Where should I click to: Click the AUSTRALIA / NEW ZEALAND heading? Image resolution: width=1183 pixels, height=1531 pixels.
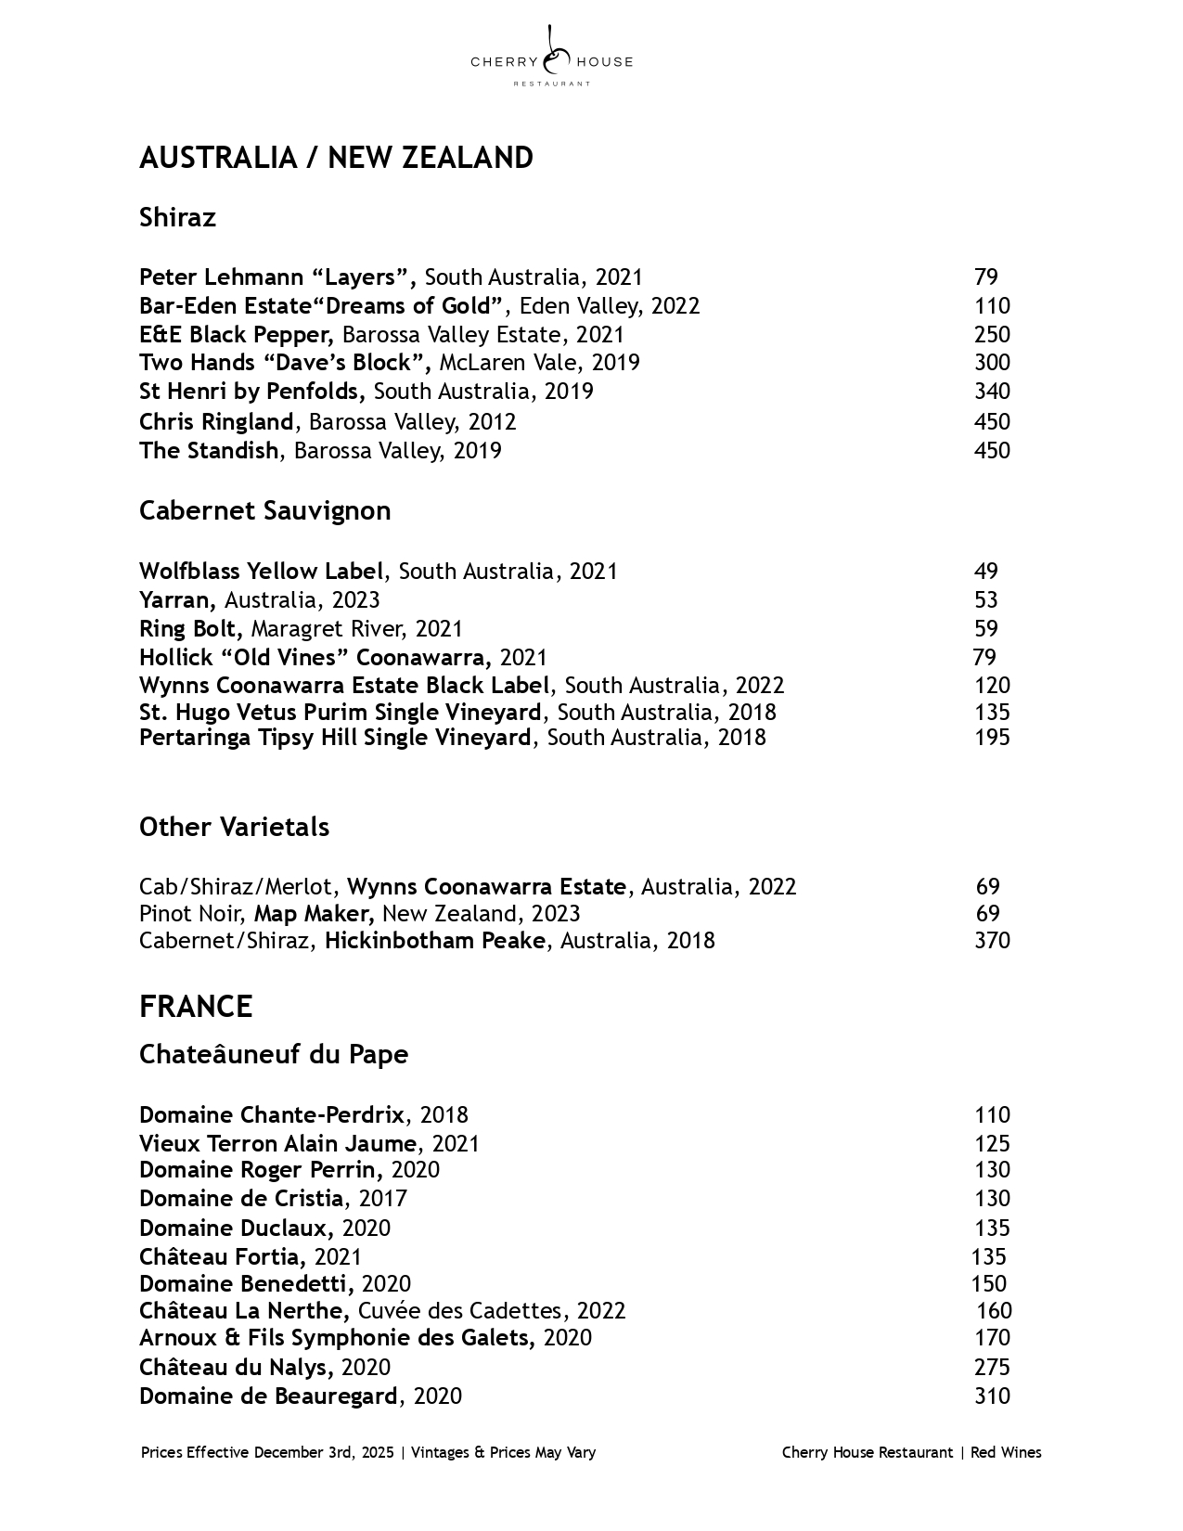336,158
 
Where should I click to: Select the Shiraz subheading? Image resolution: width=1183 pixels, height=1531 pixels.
177,217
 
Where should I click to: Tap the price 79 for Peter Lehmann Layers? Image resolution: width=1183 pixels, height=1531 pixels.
985,277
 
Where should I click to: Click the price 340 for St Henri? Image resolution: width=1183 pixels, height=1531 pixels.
991,392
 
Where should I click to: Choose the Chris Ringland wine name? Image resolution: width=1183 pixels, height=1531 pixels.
216,422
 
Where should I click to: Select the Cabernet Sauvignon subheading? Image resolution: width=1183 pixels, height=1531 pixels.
264,510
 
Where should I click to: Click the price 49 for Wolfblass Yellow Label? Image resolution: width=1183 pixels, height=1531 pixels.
985,572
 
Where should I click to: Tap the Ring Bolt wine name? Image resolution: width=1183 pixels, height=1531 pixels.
190,629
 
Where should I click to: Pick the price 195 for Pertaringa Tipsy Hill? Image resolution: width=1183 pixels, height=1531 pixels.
991,738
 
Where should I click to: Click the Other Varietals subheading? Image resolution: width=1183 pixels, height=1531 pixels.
234,827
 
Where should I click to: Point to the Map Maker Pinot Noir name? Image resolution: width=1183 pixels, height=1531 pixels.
313,914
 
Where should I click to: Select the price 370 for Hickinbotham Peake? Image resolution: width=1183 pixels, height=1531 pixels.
991,941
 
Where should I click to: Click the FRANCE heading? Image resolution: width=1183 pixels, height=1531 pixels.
196,1007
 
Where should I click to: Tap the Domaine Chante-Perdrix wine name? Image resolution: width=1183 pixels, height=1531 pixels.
272,1115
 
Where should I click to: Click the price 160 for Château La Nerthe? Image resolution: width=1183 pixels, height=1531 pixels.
993,1311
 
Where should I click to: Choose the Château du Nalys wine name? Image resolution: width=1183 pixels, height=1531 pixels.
235,1368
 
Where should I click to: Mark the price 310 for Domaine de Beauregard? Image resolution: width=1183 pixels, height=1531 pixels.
991,1396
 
